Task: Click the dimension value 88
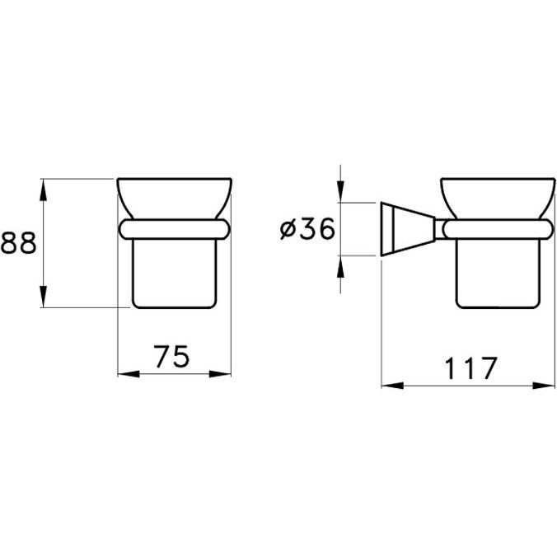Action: [18, 243]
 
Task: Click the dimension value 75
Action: [172, 356]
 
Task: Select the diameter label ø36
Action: [307, 229]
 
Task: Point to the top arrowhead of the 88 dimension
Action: [43, 190]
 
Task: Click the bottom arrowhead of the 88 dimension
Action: [43, 297]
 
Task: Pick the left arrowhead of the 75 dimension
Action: [129, 374]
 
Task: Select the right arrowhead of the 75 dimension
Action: [220, 374]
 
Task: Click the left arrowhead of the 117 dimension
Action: [392, 386]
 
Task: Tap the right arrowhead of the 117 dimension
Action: [544, 386]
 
